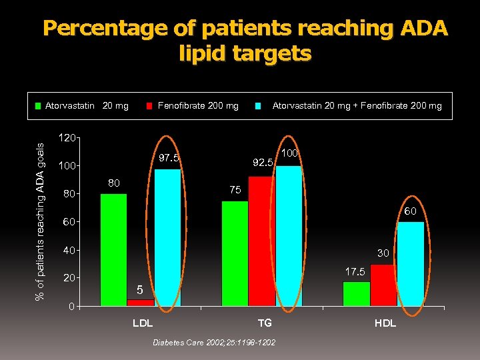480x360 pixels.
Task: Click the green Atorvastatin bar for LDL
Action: [113, 250]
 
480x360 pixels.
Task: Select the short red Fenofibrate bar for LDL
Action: [141, 303]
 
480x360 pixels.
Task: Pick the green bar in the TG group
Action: [235, 253]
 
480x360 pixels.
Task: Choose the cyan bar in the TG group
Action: [289, 236]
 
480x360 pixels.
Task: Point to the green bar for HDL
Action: [356, 294]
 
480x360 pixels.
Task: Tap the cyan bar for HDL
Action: [410, 264]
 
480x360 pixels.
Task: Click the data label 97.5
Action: [169, 158]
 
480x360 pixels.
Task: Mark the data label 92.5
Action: [263, 162]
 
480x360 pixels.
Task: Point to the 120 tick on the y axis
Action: [65, 139]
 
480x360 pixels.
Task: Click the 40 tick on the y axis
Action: [68, 251]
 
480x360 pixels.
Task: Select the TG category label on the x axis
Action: [265, 323]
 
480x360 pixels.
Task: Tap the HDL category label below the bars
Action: [385, 323]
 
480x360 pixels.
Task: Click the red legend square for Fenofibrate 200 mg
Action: [151, 105]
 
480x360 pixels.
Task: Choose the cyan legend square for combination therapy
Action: [258, 105]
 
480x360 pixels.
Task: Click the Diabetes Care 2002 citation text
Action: [214, 342]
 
